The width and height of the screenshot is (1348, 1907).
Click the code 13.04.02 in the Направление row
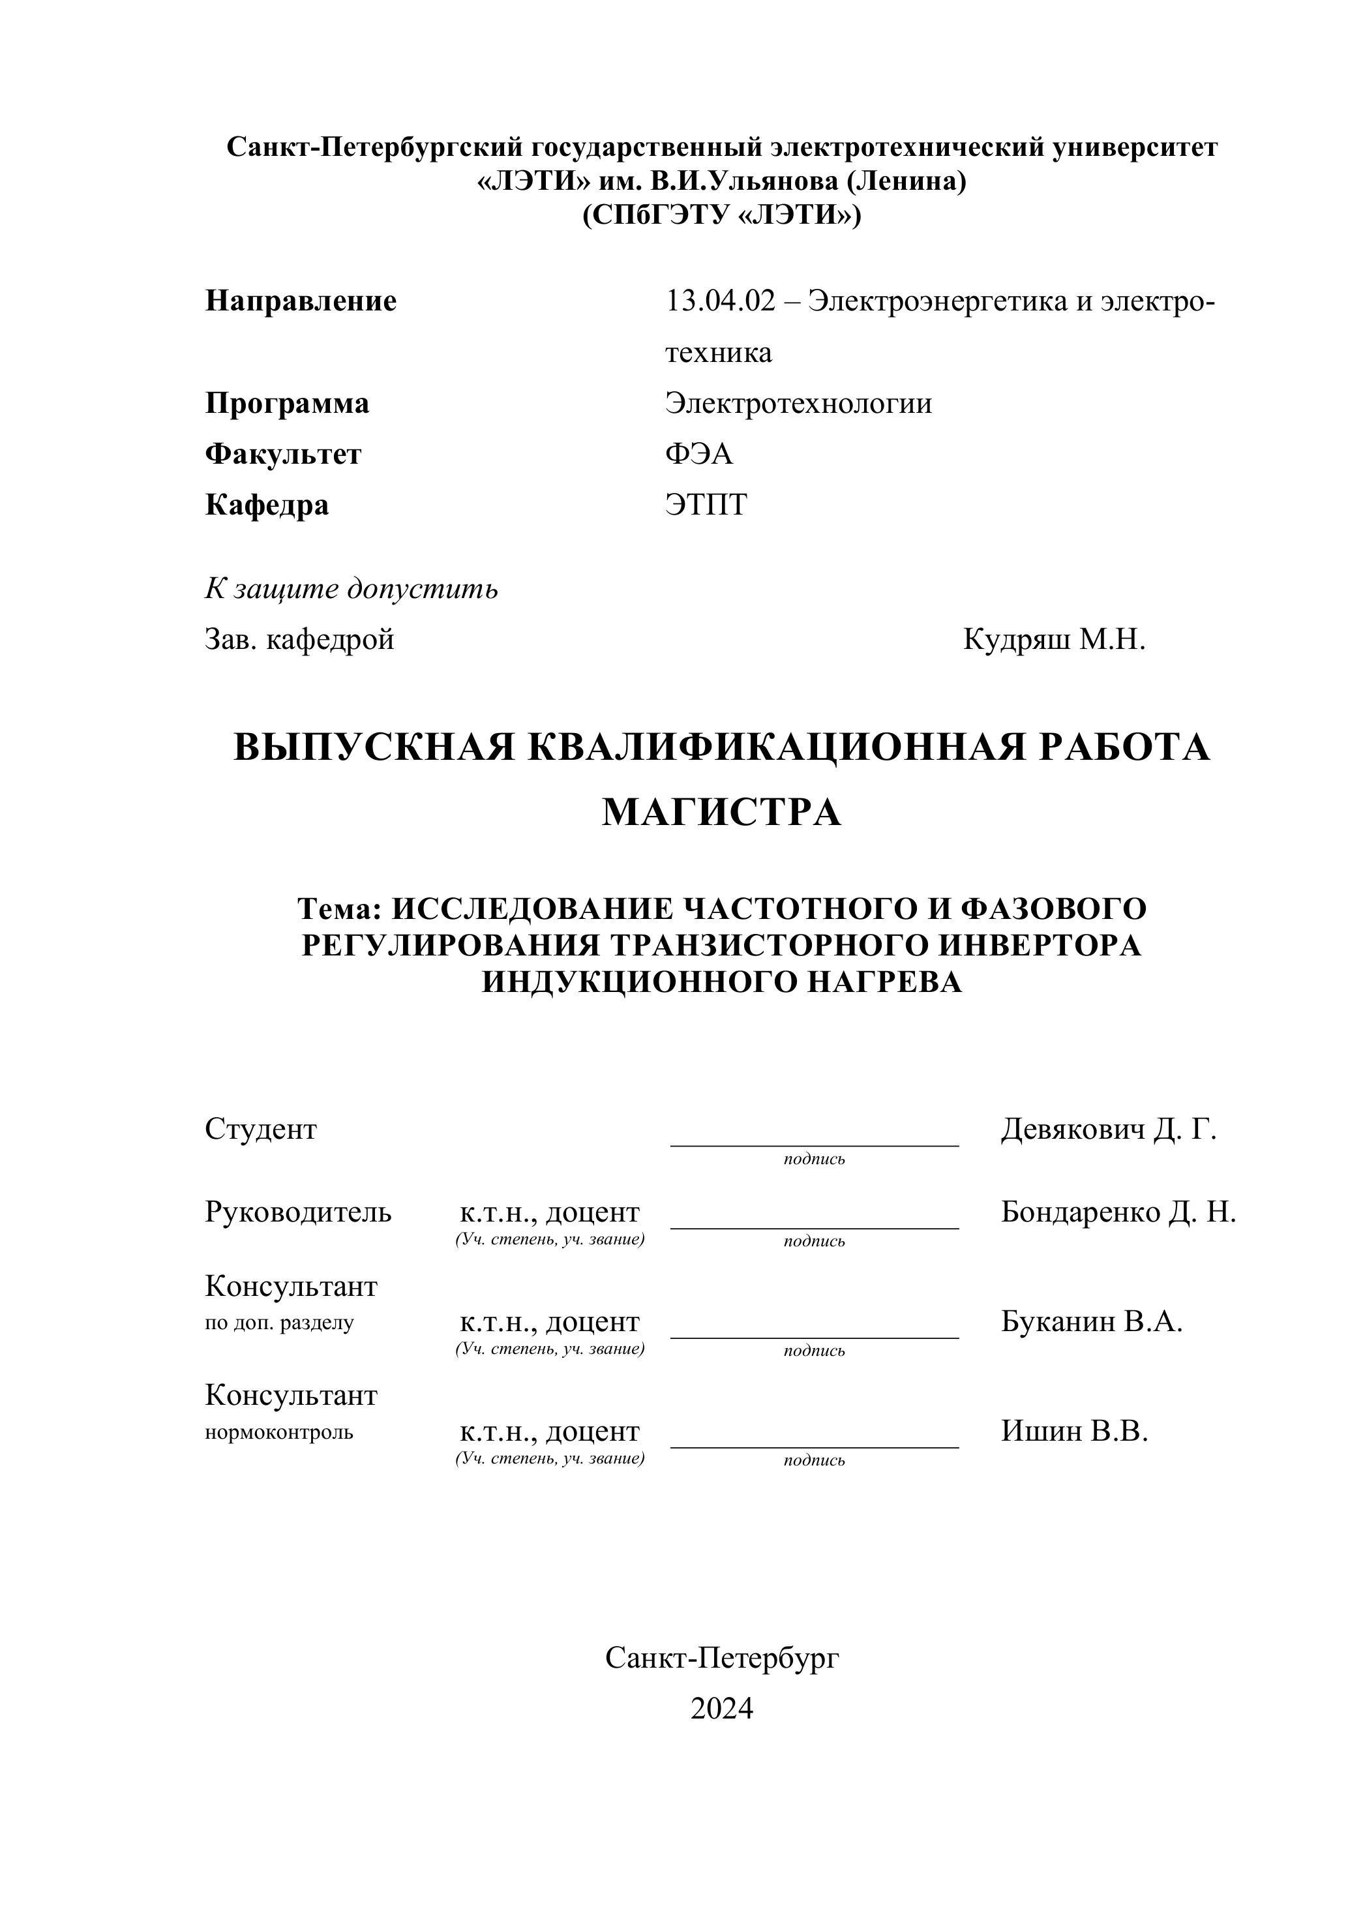pyautogui.click(x=719, y=301)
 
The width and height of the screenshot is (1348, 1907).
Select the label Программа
pyautogui.click(x=286, y=404)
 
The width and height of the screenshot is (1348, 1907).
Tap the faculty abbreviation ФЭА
pyautogui.click(x=698, y=455)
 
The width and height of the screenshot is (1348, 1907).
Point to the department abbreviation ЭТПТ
pyautogui.click(x=706, y=505)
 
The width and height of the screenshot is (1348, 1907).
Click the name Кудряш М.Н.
pyautogui.click(x=1054, y=640)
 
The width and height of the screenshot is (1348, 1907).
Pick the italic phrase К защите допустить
pyautogui.click(x=352, y=589)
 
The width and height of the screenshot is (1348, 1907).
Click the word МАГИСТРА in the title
pyautogui.click(x=721, y=813)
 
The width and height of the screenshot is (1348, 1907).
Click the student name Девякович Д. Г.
pyautogui.click(x=1108, y=1130)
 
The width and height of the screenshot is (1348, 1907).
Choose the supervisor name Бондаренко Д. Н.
pyautogui.click(x=1118, y=1212)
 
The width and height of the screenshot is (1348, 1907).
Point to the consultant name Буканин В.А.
pyautogui.click(x=1090, y=1321)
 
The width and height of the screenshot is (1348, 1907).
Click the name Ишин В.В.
pyautogui.click(x=1074, y=1431)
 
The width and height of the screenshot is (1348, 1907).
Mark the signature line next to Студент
pyautogui.click(x=814, y=1145)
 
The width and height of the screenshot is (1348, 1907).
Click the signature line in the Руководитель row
pyautogui.click(x=814, y=1227)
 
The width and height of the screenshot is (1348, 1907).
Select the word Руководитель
pyautogui.click(x=298, y=1212)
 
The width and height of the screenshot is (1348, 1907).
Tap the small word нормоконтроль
pyautogui.click(x=279, y=1432)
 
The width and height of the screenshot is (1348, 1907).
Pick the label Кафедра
pyautogui.click(x=267, y=505)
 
